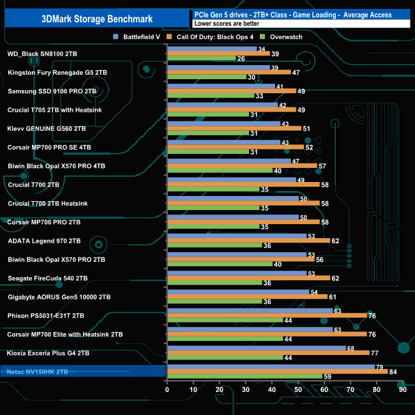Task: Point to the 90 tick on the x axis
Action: [x=402, y=389]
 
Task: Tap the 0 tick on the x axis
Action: [x=167, y=389]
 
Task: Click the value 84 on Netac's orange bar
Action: [x=392, y=371]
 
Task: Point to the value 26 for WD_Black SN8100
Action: [x=241, y=59]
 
